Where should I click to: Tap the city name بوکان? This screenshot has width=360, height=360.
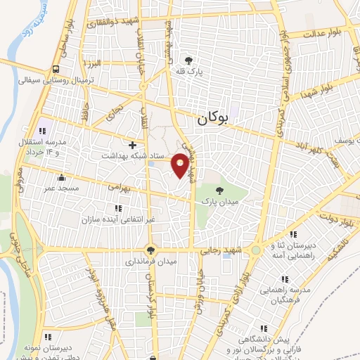[x=214, y=120]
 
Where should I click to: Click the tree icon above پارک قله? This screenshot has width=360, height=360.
[x=188, y=60]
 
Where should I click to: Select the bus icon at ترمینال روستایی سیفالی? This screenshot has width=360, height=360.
[x=55, y=69]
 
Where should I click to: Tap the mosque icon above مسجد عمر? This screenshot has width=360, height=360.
[x=62, y=178]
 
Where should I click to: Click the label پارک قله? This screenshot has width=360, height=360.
[x=188, y=71]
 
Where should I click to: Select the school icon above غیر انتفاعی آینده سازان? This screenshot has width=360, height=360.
[x=117, y=208]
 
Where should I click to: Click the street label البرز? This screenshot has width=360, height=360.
[x=99, y=64]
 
